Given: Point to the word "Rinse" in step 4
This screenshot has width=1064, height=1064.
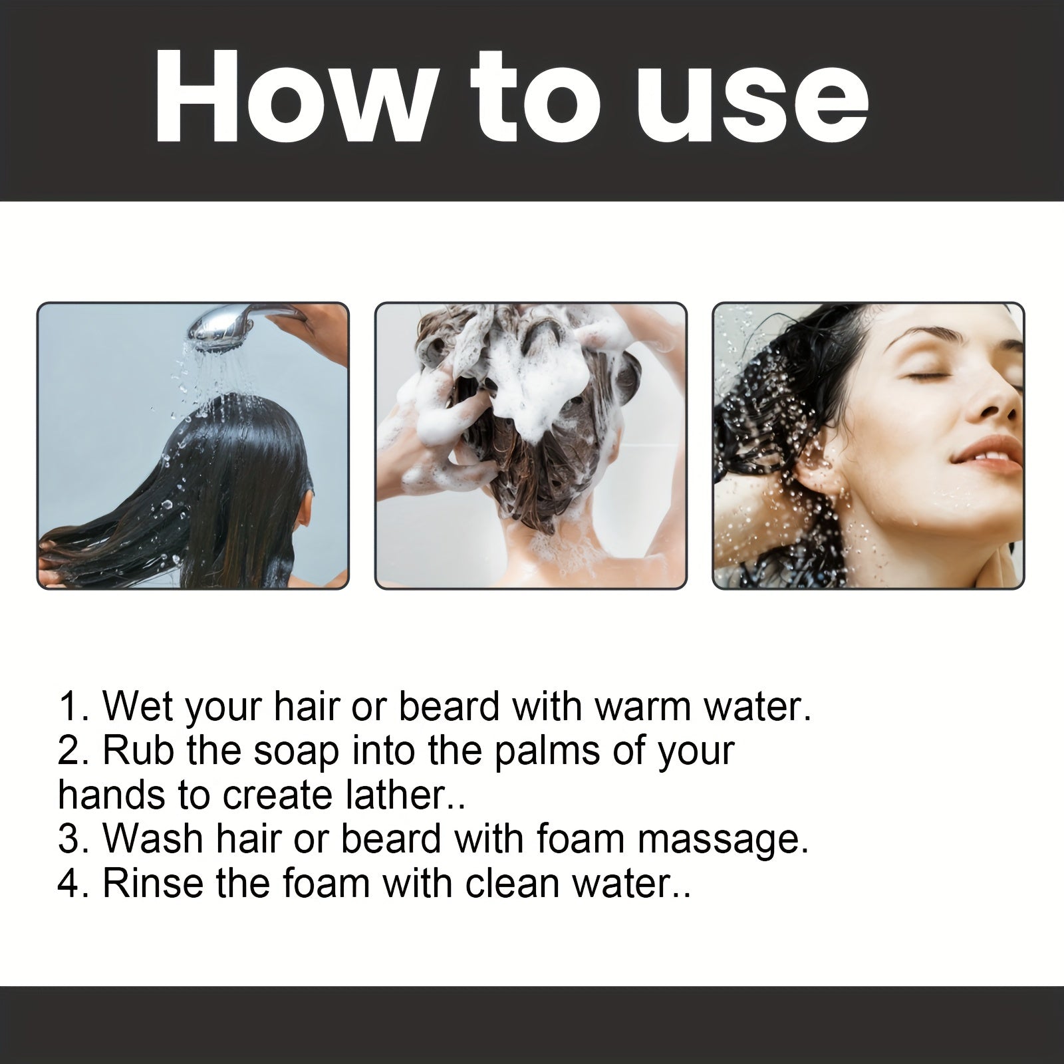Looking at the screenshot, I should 154,884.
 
